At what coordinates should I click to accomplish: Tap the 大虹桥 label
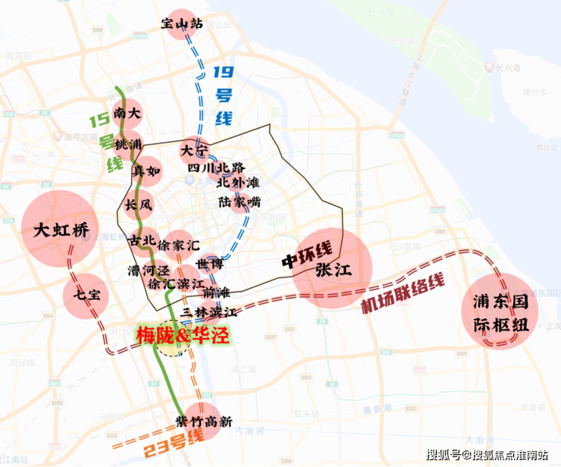61,230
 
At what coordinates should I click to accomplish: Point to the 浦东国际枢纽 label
500,308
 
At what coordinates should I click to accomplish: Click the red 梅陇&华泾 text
182,334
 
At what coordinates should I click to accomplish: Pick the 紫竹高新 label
203,421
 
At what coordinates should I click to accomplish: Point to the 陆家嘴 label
239,202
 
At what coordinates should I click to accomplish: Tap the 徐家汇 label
179,245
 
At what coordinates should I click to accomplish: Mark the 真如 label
146,171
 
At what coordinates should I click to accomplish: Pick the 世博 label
209,263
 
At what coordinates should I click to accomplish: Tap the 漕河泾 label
147,270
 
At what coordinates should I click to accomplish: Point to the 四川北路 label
216,167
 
